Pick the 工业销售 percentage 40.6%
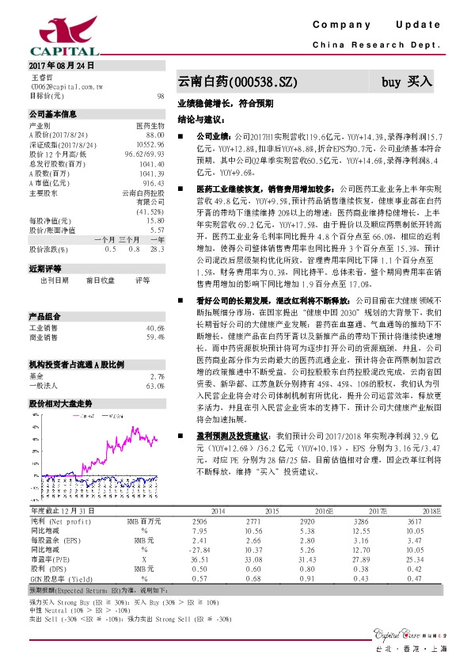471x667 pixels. pyautogui.click(x=154, y=306)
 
